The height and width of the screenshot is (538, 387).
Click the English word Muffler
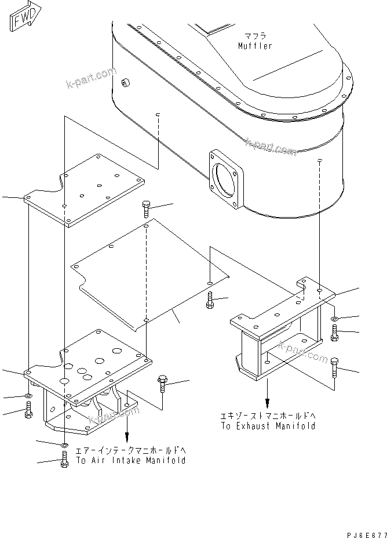click(x=254, y=46)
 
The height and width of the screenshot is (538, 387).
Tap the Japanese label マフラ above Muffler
click(x=255, y=36)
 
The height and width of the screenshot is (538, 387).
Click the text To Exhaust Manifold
click(x=268, y=426)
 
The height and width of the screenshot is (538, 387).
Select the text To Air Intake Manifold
click(x=131, y=460)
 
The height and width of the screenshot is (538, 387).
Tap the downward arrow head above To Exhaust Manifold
click(x=267, y=403)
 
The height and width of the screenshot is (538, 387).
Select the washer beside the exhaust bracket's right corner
click(x=336, y=319)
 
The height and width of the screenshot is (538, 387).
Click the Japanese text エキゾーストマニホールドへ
click(x=268, y=416)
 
